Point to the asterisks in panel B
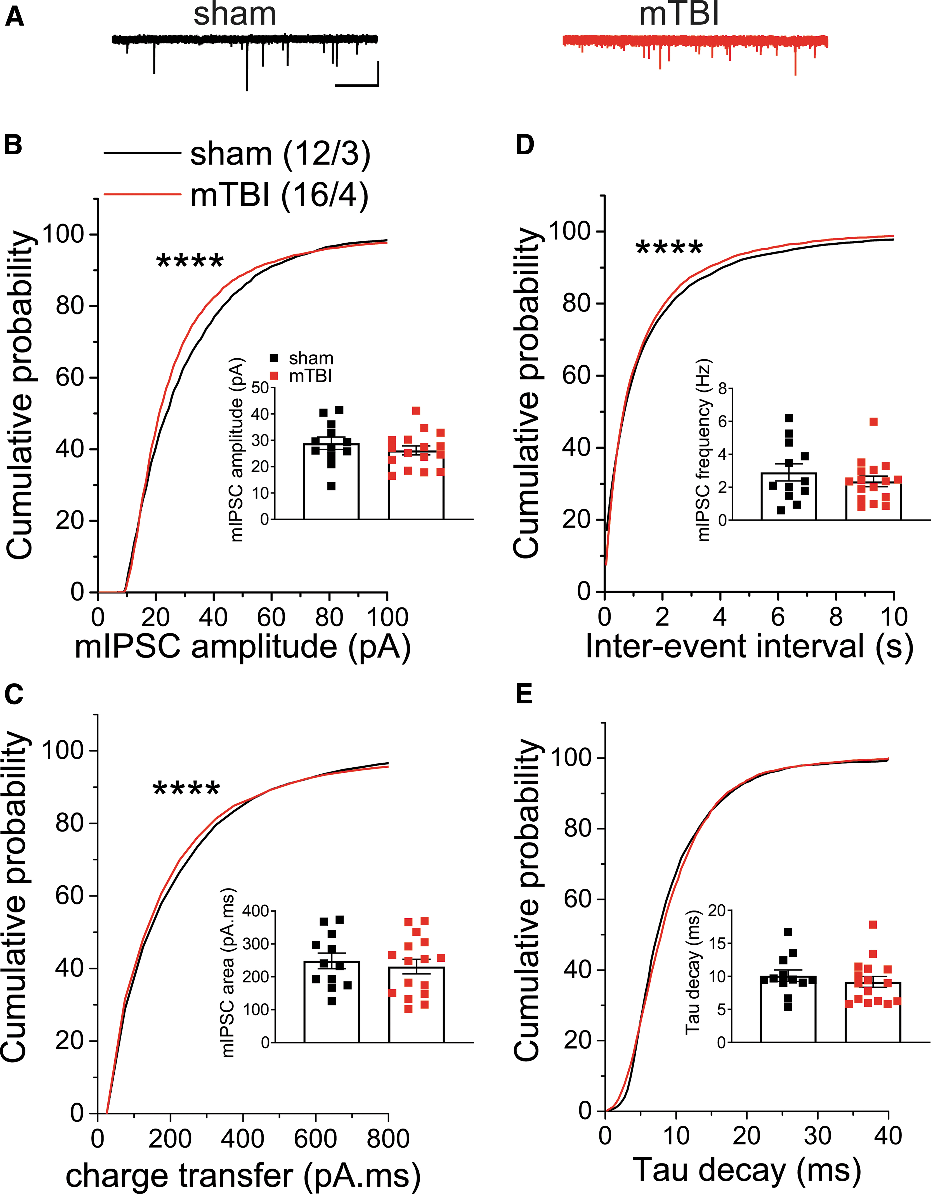point(190,261)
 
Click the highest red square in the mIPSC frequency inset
point(874,422)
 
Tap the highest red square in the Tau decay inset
point(873,925)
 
